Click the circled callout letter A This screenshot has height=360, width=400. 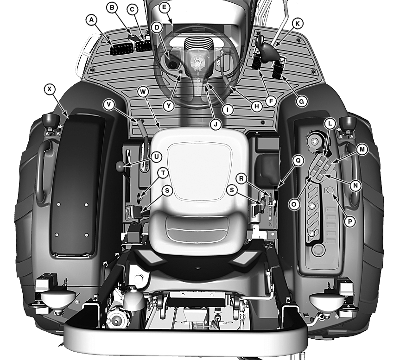92,19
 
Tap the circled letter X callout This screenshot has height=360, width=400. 50,89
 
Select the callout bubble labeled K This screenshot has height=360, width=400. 298,24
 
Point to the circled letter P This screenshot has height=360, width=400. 350,221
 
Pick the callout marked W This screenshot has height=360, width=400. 143,92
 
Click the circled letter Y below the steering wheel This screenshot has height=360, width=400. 169,106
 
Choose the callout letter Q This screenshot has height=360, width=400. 298,160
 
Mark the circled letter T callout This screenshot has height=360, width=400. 163,173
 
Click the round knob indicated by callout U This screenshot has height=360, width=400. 121,166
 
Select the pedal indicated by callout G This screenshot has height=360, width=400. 279,67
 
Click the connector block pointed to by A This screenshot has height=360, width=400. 121,49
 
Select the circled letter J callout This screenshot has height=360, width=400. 216,124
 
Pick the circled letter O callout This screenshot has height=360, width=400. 293,204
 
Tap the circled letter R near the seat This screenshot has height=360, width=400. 241,178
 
